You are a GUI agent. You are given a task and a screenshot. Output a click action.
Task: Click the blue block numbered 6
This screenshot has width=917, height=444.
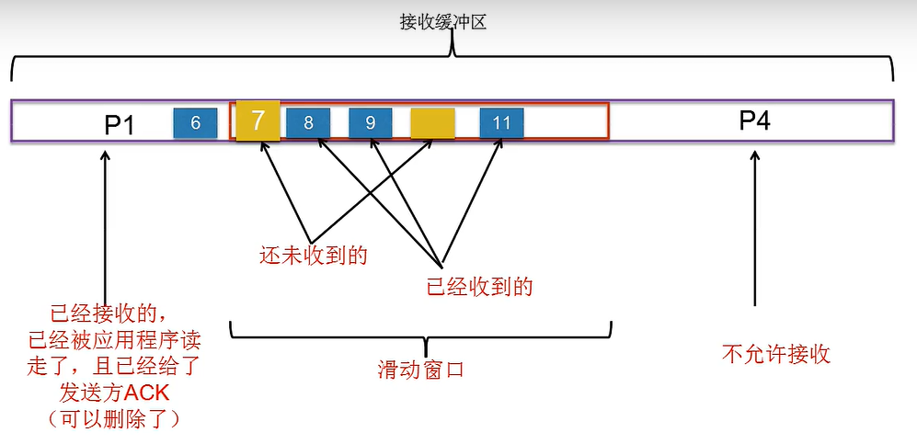(195, 123)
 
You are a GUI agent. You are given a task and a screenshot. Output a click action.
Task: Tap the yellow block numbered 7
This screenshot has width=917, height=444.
(258, 120)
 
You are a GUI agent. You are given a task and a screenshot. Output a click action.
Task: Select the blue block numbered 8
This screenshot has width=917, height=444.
(308, 123)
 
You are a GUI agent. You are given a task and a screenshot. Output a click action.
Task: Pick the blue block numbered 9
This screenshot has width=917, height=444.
(371, 123)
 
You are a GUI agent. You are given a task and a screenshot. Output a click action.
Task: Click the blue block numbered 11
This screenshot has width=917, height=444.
(501, 123)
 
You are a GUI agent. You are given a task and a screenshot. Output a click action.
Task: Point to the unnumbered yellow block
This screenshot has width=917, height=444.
(433, 123)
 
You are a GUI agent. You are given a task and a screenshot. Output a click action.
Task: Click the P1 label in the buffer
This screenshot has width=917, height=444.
(120, 123)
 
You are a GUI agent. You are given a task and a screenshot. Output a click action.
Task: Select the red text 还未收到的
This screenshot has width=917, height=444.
(314, 256)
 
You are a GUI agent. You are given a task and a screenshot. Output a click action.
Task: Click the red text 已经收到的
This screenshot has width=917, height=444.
(480, 287)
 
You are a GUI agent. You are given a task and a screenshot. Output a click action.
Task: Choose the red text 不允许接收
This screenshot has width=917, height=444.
(776, 354)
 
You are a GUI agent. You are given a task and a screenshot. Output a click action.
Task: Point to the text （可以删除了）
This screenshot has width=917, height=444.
(109, 419)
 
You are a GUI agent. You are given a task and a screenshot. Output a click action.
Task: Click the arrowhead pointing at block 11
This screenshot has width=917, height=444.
(499, 144)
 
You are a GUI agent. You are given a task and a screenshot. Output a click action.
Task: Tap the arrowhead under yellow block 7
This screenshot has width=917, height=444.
(265, 145)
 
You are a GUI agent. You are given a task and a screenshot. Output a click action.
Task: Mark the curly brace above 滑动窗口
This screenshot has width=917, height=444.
(420, 331)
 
